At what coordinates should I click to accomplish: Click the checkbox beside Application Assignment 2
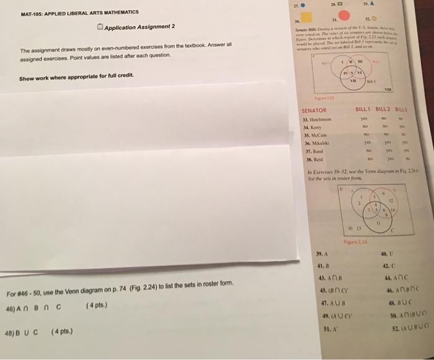pos(100,26)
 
